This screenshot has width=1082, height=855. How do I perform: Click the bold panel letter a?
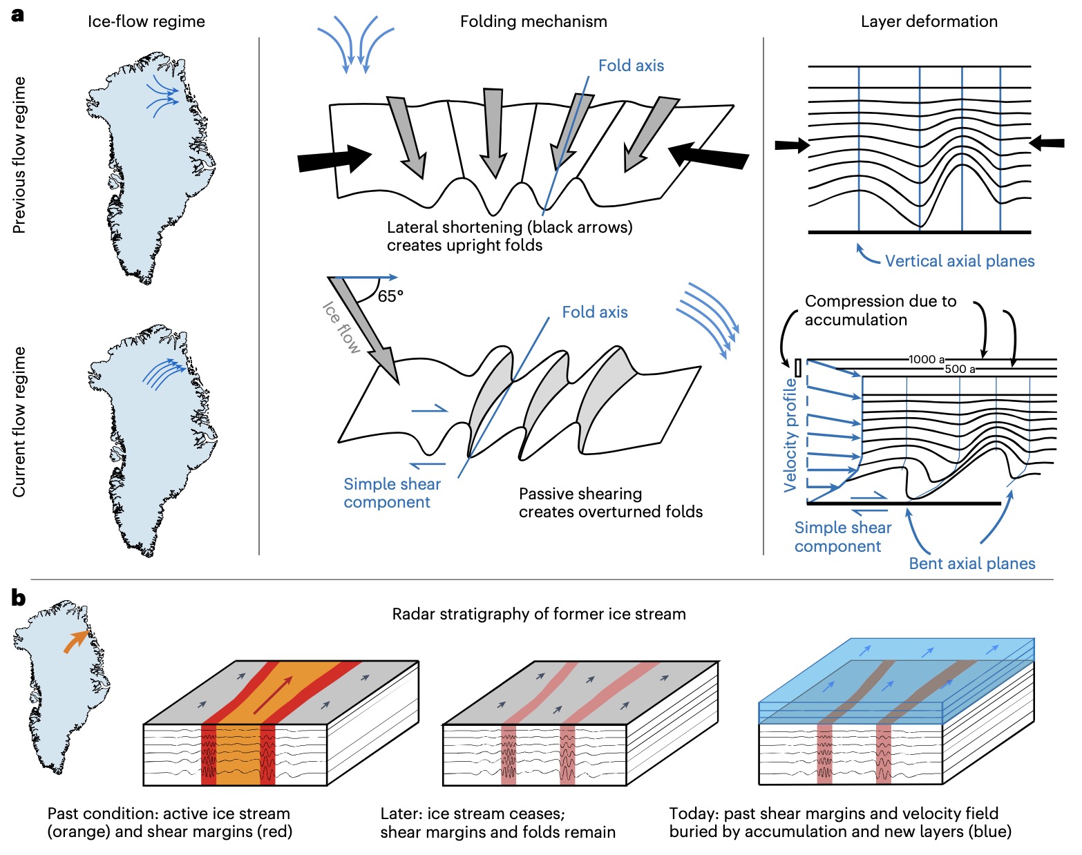tap(17, 15)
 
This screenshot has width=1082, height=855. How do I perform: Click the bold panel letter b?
tap(18, 598)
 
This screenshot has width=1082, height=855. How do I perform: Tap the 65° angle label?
tap(390, 296)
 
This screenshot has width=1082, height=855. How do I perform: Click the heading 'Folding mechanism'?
tap(533, 21)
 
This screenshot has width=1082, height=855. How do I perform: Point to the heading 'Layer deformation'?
tap(929, 21)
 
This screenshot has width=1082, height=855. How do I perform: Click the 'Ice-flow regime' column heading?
tap(146, 21)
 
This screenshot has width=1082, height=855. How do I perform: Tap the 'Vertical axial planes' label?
tap(960, 261)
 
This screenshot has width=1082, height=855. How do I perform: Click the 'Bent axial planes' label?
tap(971, 564)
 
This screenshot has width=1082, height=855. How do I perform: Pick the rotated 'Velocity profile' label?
tap(790, 435)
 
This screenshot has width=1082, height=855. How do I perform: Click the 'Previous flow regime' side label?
tap(19, 155)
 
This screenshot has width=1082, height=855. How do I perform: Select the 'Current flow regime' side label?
tap(19, 421)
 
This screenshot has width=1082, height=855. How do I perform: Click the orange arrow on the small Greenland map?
tap(75, 642)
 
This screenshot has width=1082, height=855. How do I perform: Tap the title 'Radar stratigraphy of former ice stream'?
tap(539, 614)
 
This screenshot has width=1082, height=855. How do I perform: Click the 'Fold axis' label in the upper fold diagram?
tap(631, 66)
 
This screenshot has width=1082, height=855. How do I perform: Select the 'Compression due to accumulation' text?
tap(880, 310)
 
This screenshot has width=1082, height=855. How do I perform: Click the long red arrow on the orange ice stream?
tap(273, 695)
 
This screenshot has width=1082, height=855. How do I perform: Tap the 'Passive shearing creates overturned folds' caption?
tap(610, 503)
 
